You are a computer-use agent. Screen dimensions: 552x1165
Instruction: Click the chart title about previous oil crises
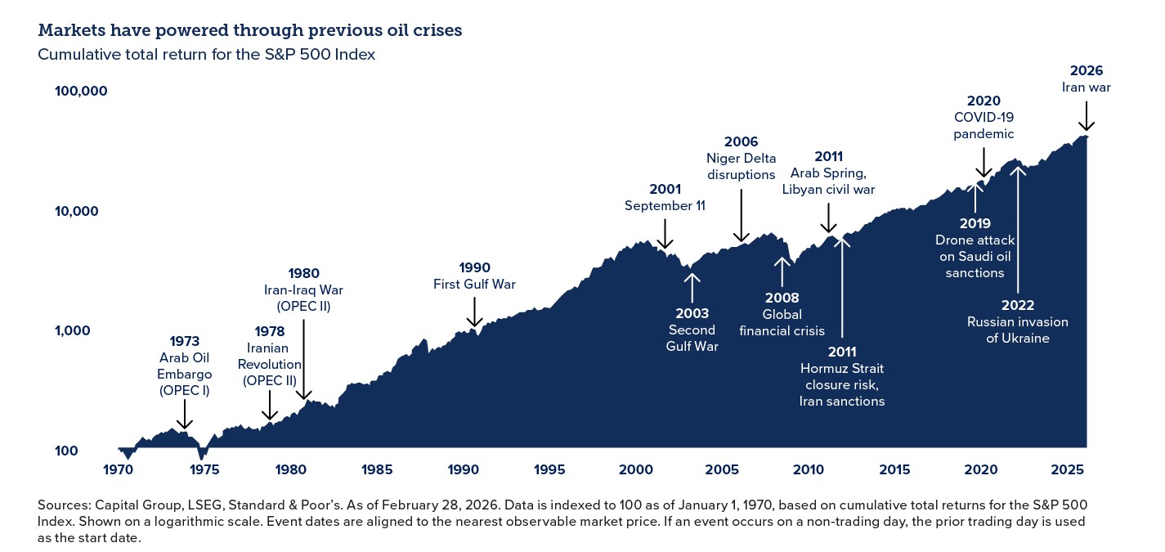(249, 31)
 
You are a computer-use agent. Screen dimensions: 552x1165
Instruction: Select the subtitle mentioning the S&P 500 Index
(207, 55)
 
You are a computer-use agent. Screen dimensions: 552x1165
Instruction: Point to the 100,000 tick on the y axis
(81, 91)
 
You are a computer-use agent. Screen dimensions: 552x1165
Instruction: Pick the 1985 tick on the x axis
(377, 470)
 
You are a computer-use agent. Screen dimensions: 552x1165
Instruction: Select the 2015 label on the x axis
(894, 470)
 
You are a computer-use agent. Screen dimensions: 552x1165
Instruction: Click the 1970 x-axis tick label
(119, 470)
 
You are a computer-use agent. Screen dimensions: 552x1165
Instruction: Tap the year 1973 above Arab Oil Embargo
(184, 340)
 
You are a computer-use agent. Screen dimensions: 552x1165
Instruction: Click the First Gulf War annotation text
(474, 285)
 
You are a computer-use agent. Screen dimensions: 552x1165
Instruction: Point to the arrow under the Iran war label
(1086, 116)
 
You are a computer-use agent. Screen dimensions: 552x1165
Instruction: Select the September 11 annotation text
(665, 206)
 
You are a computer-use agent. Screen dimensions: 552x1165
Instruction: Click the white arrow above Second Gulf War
(692, 286)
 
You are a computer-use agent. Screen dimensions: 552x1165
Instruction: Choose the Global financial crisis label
(782, 323)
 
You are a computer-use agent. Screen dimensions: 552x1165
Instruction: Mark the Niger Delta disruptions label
(741, 167)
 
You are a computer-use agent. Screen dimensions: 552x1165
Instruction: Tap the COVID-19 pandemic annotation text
(984, 126)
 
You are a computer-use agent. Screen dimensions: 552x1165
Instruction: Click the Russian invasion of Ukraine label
(1017, 330)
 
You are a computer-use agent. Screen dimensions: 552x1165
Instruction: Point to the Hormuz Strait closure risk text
(842, 377)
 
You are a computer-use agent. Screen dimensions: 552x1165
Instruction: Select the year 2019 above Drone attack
(975, 223)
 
